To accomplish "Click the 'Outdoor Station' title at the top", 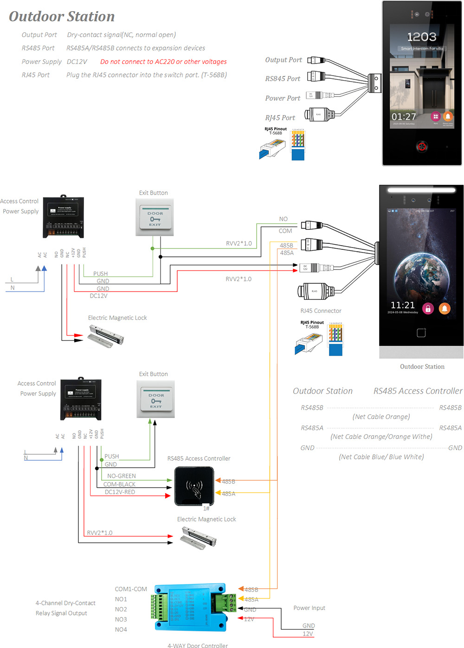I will [62, 17].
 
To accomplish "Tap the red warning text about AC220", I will [163, 62].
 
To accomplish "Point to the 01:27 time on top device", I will [404, 117].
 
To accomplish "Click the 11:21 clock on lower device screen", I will [402, 305].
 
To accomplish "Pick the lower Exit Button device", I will [155, 399].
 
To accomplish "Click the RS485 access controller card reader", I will [194, 486].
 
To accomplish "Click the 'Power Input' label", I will [309, 608].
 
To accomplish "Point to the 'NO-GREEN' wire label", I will [122, 476].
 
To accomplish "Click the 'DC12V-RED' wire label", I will [120, 492].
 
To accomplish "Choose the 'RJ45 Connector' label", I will [321, 311].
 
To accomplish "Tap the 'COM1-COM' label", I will [131, 589].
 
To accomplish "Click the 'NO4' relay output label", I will [121, 629].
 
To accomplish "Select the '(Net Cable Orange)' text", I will [381, 417].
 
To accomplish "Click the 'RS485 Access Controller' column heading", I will [418, 391].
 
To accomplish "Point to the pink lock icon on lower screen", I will [428, 308].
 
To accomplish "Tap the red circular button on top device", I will [421, 147].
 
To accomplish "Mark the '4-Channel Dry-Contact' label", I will [65, 603].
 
